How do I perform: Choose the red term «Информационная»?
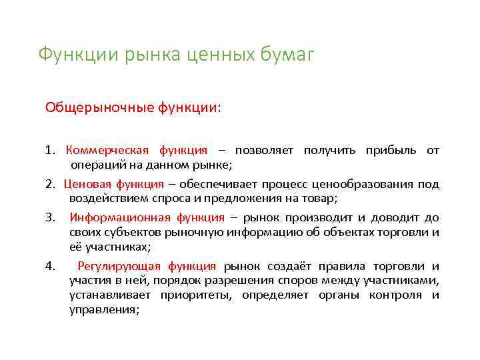(x=119, y=217)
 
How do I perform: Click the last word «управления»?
(x=104, y=309)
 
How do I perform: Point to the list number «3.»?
(x=51, y=217)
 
